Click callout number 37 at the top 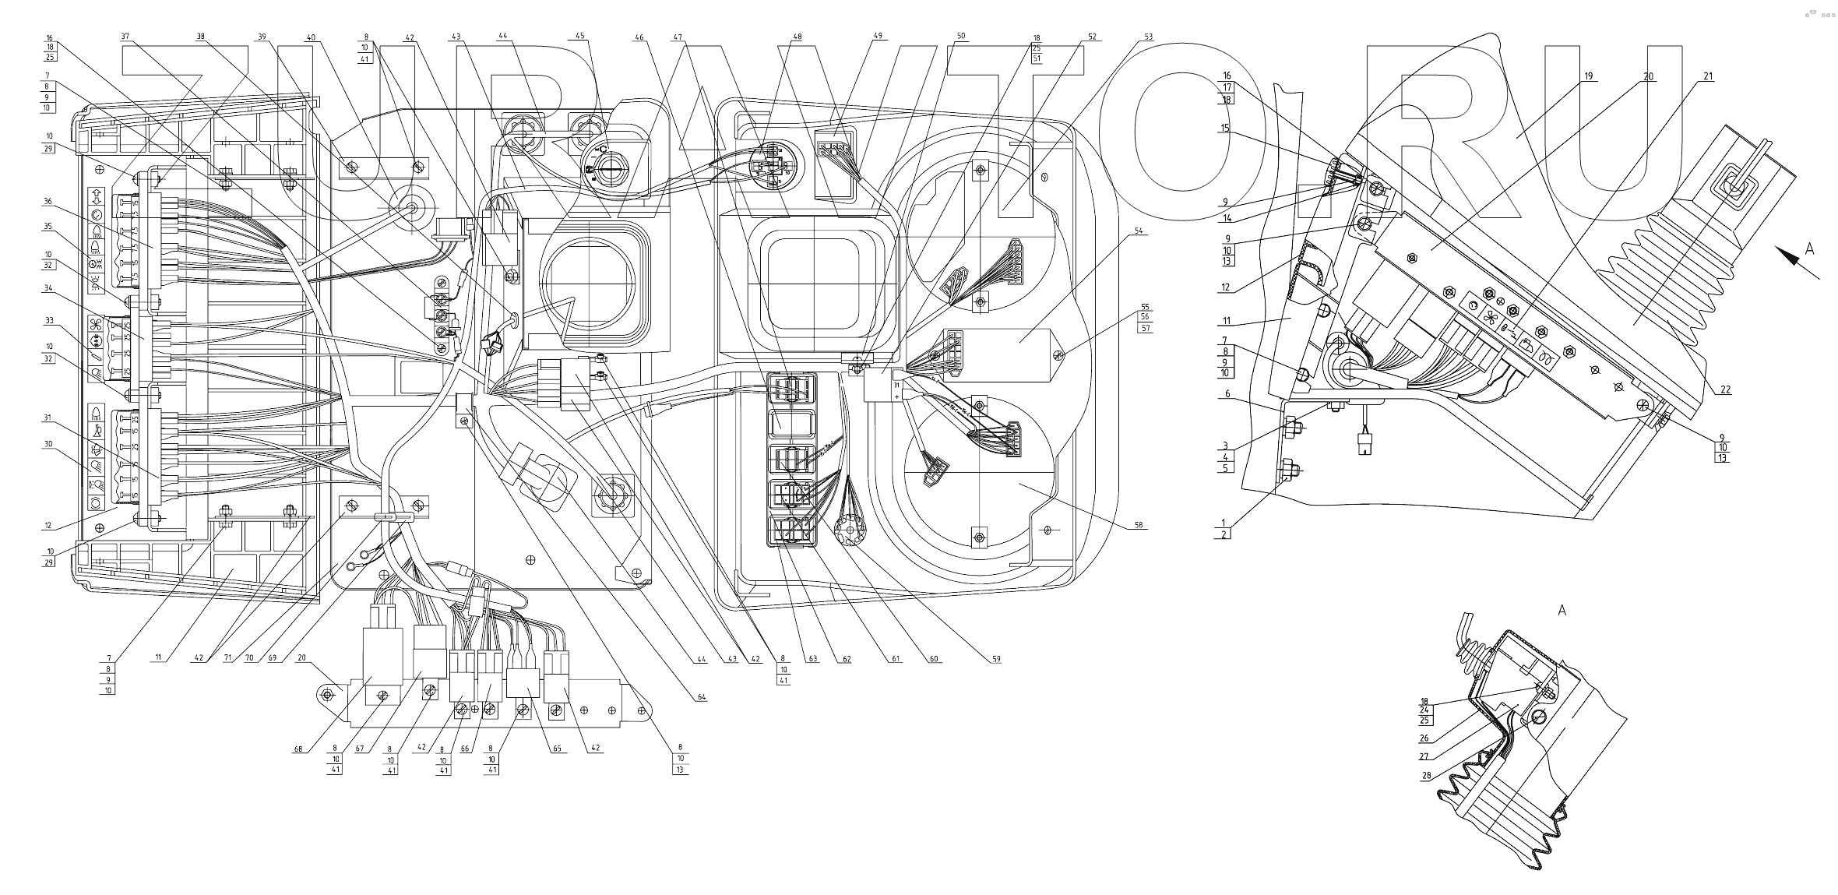pyautogui.click(x=125, y=36)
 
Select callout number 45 pyautogui.click(x=579, y=36)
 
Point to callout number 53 pyautogui.click(x=1149, y=36)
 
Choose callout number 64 pyautogui.click(x=702, y=697)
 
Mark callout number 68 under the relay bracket pyautogui.click(x=298, y=750)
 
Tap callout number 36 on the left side pyautogui.click(x=48, y=201)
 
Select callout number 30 pyautogui.click(x=48, y=443)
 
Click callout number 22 pyautogui.click(x=1725, y=389)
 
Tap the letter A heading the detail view pyautogui.click(x=1561, y=611)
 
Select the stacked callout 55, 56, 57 pyautogui.click(x=1145, y=317)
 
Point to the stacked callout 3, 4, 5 pyautogui.click(x=1225, y=456)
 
